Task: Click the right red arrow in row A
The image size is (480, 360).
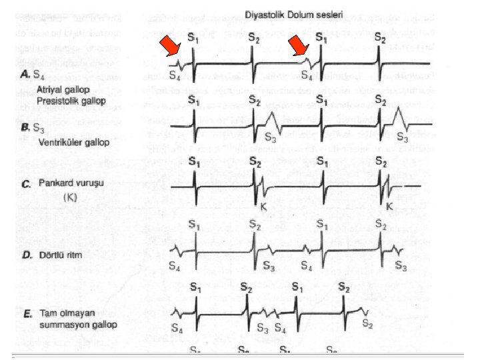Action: tap(301, 47)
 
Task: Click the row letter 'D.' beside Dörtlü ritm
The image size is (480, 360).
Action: tap(28, 255)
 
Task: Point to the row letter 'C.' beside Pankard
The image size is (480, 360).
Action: tap(27, 183)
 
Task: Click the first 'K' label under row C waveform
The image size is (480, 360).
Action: tap(264, 207)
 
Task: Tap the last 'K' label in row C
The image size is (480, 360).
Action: tap(389, 207)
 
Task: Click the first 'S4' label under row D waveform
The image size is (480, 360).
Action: tap(175, 267)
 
